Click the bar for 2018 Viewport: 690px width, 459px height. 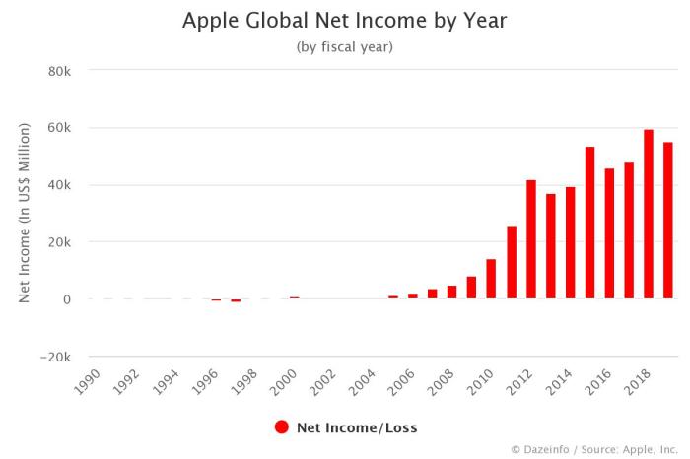[x=649, y=214]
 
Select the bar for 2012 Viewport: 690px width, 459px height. [x=530, y=239]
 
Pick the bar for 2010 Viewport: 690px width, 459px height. [x=491, y=279]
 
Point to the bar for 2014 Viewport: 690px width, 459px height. [x=570, y=242]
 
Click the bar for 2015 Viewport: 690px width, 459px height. [x=589, y=223]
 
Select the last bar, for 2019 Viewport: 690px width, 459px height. [x=668, y=221]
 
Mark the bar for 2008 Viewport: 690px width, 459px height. [x=451, y=293]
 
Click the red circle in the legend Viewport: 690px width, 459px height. [x=281, y=427]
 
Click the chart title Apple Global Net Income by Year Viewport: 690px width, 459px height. [x=344, y=21]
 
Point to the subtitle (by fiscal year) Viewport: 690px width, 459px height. [x=344, y=47]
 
